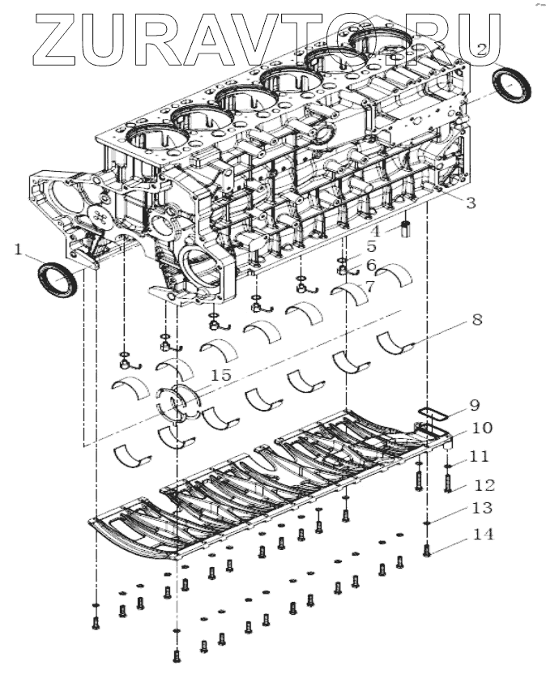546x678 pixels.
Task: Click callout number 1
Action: (x=18, y=251)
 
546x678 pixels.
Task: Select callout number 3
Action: (x=471, y=203)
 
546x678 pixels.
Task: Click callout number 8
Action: (x=476, y=320)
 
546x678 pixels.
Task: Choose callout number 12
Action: (x=484, y=485)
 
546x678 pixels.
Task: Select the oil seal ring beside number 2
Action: (x=512, y=85)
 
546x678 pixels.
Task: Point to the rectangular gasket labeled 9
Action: (x=433, y=413)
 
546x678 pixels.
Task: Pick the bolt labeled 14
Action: (x=427, y=551)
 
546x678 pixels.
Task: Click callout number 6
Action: (x=370, y=265)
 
